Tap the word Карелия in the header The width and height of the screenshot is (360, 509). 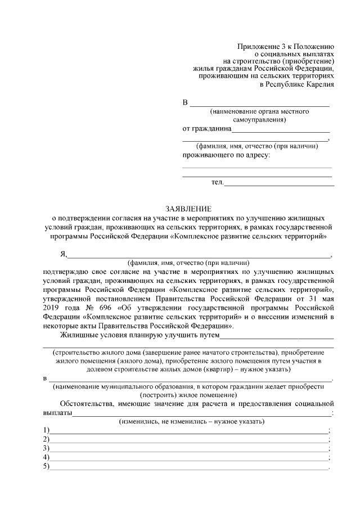321,85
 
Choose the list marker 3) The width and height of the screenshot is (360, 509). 46,448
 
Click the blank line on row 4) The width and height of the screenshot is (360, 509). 188,458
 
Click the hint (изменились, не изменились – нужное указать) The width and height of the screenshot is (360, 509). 188,421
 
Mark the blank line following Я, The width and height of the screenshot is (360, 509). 200,255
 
